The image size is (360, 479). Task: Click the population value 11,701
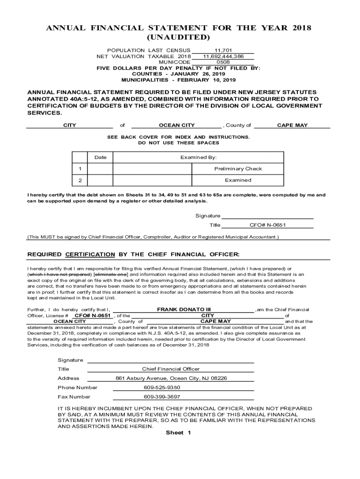pyautogui.click(x=223, y=50)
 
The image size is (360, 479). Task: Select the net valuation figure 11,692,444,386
pyautogui.click(x=223, y=56)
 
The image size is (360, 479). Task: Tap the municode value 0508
pyautogui.click(x=223, y=62)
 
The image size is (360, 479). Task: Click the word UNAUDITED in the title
pyautogui.click(x=178, y=37)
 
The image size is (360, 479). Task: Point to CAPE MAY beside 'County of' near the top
pyautogui.click(x=292, y=125)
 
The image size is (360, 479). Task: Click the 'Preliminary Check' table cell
pyautogui.click(x=238, y=169)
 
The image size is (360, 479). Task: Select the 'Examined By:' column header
pyautogui.click(x=198, y=158)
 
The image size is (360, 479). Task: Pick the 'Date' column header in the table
pyautogui.click(x=101, y=158)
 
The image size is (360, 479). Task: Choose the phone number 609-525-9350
pyautogui.click(x=162, y=388)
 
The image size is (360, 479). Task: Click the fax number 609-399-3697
pyautogui.click(x=162, y=397)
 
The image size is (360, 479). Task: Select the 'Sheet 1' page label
pyautogui.click(x=179, y=433)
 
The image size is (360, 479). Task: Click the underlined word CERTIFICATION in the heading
pyautogui.click(x=90, y=254)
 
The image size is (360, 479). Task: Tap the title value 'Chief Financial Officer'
pyautogui.click(x=171, y=370)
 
